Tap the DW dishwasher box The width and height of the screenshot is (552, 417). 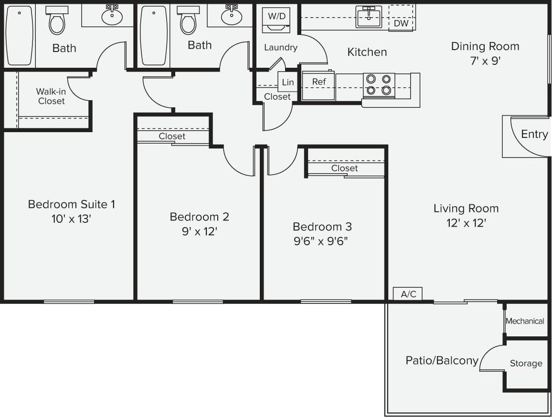[401, 23]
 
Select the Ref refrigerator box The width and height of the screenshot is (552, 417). [318, 86]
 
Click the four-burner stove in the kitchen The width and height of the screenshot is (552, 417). [379, 85]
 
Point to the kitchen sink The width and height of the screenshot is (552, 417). [368, 17]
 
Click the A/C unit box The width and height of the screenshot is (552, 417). [408, 294]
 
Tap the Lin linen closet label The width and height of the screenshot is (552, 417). [287, 83]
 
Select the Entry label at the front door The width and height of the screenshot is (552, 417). [534, 134]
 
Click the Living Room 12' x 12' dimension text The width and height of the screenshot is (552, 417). [466, 223]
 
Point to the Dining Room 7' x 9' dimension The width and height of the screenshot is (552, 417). [485, 61]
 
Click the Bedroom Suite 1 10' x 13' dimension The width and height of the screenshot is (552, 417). [71, 219]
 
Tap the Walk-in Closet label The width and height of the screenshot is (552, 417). [51, 96]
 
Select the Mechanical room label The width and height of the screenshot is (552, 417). [525, 321]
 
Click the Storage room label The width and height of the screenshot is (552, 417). [526, 363]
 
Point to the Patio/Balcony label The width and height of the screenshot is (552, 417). [442, 360]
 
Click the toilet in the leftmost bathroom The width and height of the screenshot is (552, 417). [57, 21]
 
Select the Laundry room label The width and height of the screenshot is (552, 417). [280, 47]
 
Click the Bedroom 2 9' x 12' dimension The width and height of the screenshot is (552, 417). [199, 231]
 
